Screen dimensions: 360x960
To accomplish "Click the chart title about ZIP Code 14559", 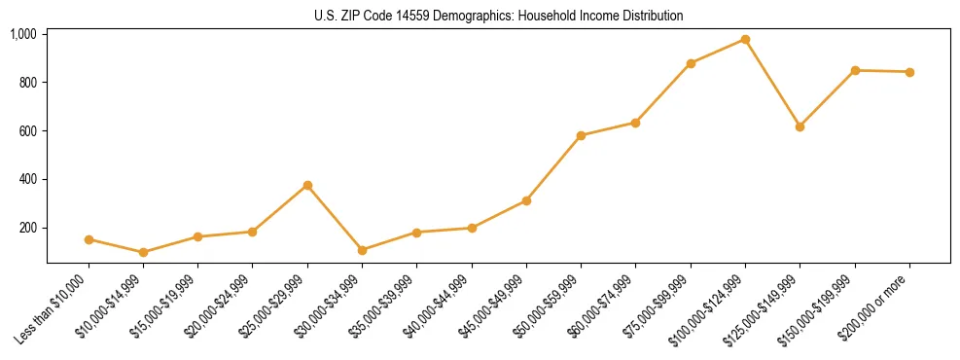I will pos(498,16).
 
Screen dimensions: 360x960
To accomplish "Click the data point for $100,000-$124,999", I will pos(745,40).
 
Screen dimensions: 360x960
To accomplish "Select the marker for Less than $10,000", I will pos(89,239).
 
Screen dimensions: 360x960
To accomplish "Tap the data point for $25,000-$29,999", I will pos(307,185).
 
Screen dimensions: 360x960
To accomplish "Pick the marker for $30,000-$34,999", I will pos(362,250).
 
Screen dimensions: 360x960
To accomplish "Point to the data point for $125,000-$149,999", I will pos(800,126).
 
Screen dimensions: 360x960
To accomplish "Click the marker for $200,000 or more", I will pos(909,72).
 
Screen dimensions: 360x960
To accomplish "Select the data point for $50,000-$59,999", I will pos(581,135).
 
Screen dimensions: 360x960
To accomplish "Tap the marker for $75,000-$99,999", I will pos(691,63).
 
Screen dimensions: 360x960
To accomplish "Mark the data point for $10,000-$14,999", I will pos(143,252).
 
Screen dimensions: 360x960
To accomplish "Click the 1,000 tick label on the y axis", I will pos(22,34).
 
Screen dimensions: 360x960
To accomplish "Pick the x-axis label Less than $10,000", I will pos(54,307).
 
